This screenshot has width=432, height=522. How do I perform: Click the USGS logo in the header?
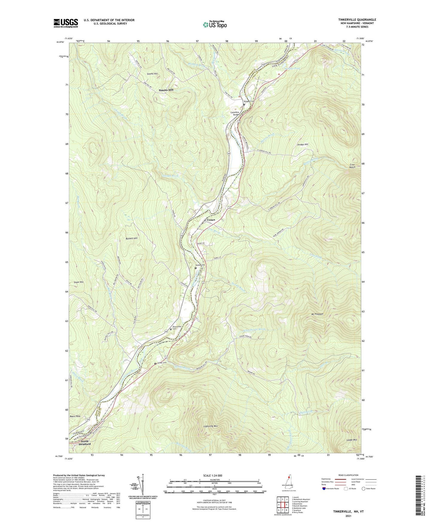coord(65,23)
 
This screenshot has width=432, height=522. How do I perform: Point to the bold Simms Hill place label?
coord(166,90)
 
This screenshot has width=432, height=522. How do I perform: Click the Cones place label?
coord(211,220)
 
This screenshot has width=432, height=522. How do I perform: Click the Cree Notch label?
coord(352,166)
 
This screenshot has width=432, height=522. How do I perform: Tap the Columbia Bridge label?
coord(235,114)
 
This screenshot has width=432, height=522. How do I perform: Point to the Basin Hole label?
coord(75,416)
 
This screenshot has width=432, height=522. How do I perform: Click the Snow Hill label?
coord(78,282)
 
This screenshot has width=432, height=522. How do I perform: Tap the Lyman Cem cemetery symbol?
coord(155,364)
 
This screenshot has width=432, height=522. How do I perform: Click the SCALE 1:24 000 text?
coord(212,476)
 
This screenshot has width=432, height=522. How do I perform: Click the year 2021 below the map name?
coord(348,516)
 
